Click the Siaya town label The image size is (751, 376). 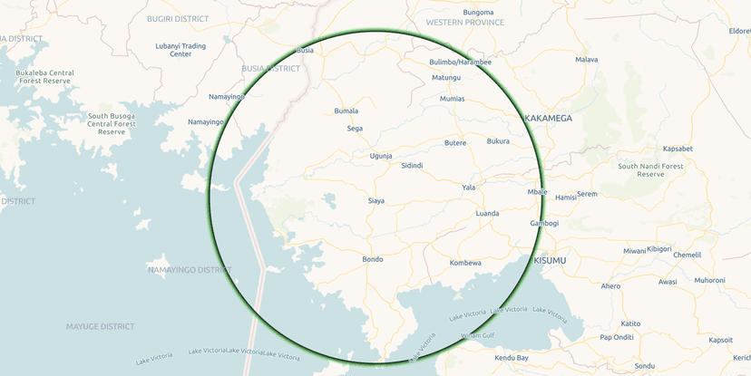click(375, 200)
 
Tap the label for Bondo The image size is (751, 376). click(373, 259)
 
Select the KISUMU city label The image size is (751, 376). click(550, 261)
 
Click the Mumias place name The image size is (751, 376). click(452, 98)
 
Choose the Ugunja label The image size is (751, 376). click(381, 156)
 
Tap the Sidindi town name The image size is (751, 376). click(412, 166)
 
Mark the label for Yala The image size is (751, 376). click(468, 188)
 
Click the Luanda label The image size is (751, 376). click(487, 214)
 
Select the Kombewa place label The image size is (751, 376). click(465, 263)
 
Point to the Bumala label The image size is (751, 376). click(346, 111)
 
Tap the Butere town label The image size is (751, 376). click(455, 142)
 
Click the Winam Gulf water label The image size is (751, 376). click(476, 335)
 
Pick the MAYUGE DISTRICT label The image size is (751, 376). click(100, 326)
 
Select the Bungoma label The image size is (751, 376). click(478, 12)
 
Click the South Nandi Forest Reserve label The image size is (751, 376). click(650, 169)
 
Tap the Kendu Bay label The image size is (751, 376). click(511, 358)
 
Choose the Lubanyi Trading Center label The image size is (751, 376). click(180, 50)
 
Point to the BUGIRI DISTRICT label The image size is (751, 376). click(178, 18)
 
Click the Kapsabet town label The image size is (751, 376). click(678, 148)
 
